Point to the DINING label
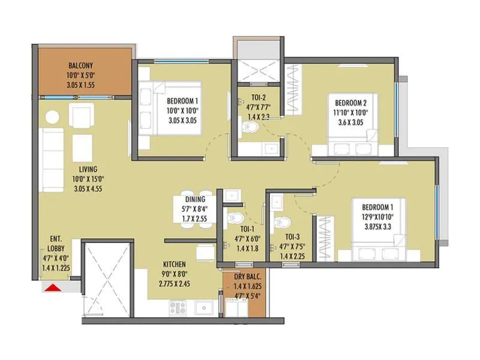(x=195, y=200)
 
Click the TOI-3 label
(x=292, y=237)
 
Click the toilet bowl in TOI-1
(x=235, y=218)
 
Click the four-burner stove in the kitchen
(x=178, y=308)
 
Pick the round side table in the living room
(x=53, y=116)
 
